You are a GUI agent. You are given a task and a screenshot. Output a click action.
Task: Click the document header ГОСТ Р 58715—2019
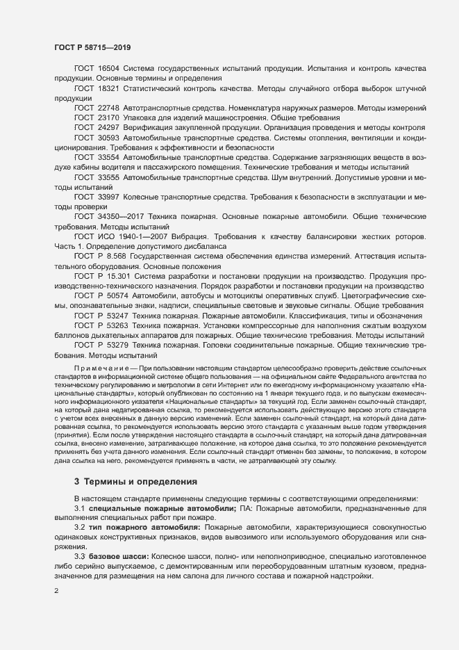tap(92, 48)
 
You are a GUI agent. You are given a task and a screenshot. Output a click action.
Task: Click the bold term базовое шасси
tap(120, 549)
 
